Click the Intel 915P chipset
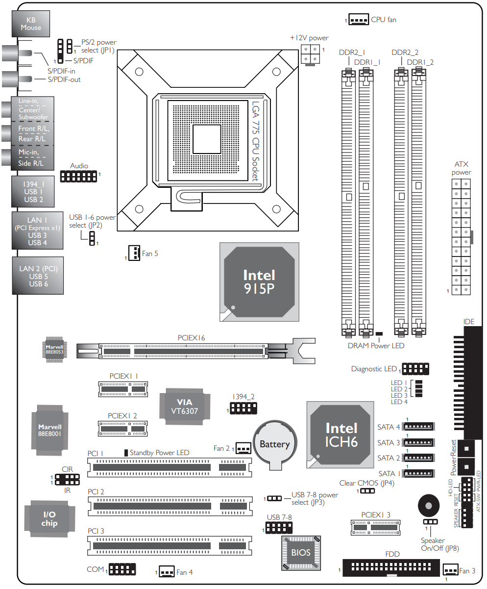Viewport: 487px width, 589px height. [x=259, y=282]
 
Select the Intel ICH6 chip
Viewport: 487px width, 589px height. [x=340, y=435]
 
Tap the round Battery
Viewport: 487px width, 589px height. [x=275, y=445]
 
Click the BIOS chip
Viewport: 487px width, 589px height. [x=301, y=553]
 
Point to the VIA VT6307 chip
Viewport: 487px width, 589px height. [x=185, y=407]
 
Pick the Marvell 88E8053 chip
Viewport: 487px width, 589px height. [x=55, y=349]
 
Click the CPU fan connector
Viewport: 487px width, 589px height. [x=359, y=20]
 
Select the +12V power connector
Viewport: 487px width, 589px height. [x=310, y=55]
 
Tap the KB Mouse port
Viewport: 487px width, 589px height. [x=31, y=24]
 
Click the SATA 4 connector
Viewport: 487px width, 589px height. [x=418, y=426]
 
